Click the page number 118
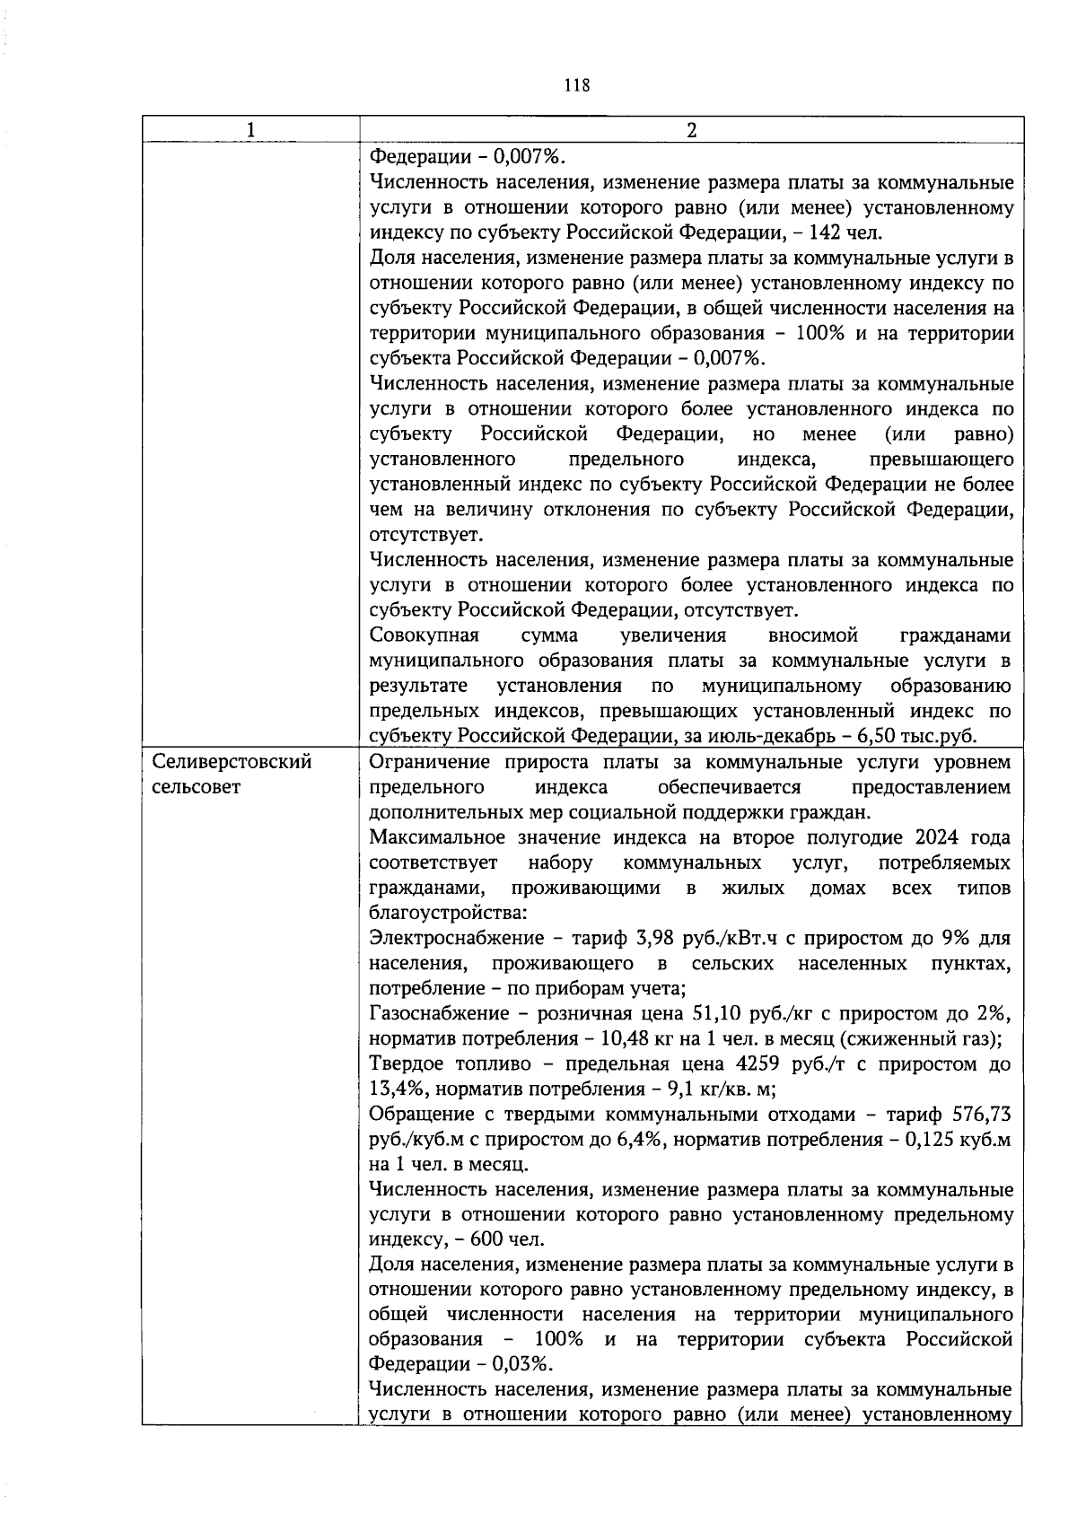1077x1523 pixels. coord(577,86)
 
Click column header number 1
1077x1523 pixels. coord(250,130)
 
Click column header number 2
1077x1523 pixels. coord(691,130)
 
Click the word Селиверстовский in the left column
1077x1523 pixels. coord(232,763)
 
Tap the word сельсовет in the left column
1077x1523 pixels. coord(197,788)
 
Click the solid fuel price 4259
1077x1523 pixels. coord(757,1064)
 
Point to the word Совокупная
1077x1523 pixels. coord(424,636)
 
